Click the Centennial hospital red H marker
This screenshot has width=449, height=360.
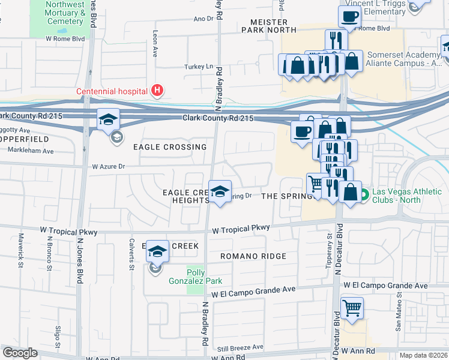[157, 91]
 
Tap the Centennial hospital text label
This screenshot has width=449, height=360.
[112, 92]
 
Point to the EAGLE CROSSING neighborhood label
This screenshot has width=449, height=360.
[170, 147]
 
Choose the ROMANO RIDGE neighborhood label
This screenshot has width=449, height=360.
[253, 256]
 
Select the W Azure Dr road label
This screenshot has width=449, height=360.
[108, 166]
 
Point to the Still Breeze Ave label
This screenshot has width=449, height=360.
[240, 347]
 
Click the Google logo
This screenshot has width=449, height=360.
[20, 353]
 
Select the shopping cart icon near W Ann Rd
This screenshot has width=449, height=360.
[352, 308]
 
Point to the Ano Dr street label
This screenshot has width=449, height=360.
[203, 19]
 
